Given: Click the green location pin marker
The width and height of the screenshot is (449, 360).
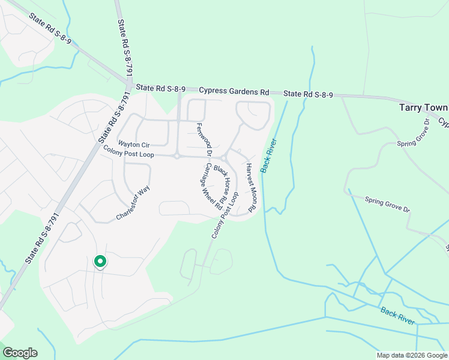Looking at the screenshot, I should [100, 262].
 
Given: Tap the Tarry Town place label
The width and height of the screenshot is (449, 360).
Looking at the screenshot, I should [423, 108].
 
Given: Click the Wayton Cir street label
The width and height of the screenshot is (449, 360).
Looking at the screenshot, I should [133, 144].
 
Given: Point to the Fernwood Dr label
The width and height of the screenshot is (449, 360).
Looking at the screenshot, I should [202, 136].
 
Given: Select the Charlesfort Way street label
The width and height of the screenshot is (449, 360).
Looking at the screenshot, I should [133, 203].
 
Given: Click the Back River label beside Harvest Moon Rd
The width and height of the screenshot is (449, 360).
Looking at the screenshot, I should [268, 156].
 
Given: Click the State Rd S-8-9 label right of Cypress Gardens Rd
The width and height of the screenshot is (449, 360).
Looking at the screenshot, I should [308, 94].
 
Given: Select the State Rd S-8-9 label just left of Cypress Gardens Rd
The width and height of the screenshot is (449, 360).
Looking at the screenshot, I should [160, 88].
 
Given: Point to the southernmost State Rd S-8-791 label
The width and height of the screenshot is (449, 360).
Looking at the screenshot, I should [41, 238].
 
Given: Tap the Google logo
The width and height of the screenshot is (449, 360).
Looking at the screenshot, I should [20, 352].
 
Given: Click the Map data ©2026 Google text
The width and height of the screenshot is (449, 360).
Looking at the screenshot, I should [411, 355].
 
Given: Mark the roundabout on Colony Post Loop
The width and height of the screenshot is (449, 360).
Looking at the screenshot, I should [177, 156].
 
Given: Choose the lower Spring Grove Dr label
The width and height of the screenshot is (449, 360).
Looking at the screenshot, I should [387, 205].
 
